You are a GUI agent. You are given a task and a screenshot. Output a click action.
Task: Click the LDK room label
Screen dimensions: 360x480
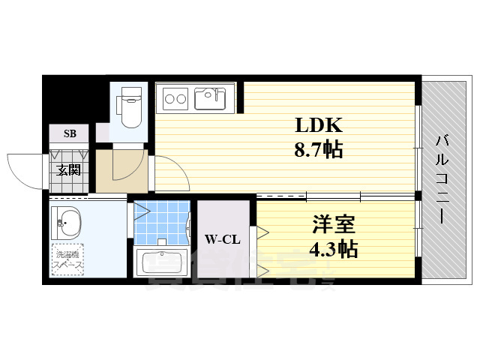coord(318,125)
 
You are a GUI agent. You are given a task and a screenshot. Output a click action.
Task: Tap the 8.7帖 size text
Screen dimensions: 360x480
coord(318,150)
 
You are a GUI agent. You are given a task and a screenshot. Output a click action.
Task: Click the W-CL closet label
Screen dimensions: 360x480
coord(222,240)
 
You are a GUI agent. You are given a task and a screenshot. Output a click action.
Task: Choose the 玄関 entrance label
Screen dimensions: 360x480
coord(69,169)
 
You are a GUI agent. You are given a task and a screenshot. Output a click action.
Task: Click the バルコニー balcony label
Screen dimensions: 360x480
coord(442,178)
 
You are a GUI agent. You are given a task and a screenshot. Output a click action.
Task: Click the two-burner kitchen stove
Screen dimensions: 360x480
coord(176,98)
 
